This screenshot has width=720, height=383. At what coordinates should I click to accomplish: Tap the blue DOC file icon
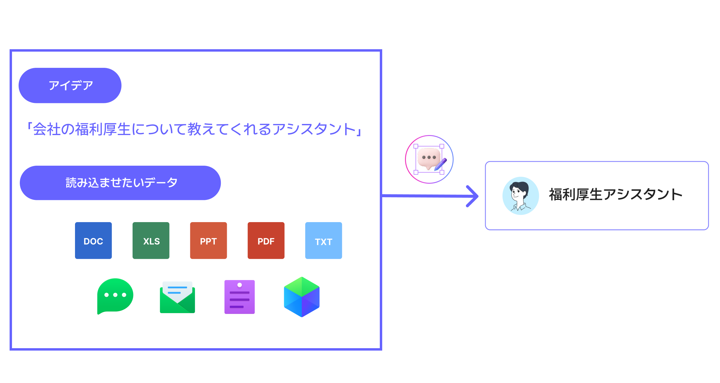(x=93, y=240)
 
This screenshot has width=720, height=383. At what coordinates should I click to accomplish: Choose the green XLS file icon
(x=151, y=240)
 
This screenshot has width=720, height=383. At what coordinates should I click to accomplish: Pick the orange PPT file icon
(x=208, y=240)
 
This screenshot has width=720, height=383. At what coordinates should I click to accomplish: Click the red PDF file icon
(x=266, y=240)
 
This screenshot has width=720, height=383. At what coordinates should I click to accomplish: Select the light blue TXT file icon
(x=323, y=240)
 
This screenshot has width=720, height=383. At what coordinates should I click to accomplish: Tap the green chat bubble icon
(x=115, y=296)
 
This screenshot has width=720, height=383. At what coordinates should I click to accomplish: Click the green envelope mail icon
(x=177, y=297)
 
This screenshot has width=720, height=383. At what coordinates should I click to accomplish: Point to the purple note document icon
(x=239, y=297)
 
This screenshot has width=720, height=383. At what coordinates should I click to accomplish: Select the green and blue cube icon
(x=302, y=297)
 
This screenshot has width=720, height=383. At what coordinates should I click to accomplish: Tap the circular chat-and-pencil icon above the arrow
(x=429, y=159)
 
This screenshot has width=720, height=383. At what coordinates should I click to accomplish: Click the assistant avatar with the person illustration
(x=520, y=196)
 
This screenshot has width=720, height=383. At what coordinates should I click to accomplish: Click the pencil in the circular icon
(x=441, y=164)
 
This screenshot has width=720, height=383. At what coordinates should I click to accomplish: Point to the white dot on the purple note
(x=239, y=285)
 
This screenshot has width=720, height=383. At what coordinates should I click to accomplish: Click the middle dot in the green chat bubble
(x=115, y=295)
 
